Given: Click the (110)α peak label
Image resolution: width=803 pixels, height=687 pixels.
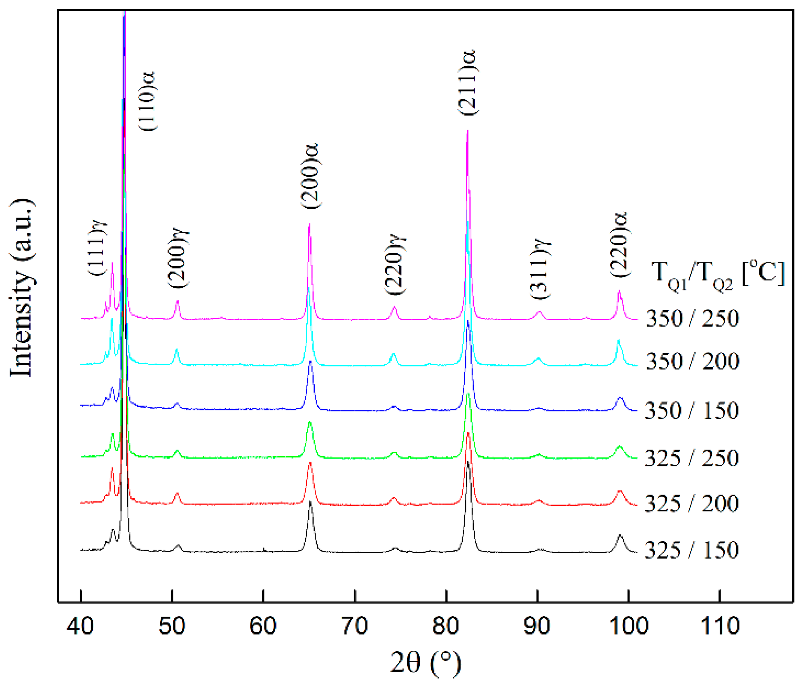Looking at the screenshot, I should pyautogui.click(x=147, y=101).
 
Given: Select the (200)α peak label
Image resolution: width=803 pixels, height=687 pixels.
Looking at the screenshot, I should pyautogui.click(x=310, y=176).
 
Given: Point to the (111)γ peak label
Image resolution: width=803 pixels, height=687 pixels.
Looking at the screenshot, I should pyautogui.click(x=98, y=248).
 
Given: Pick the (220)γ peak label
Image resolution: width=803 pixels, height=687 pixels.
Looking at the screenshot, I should pyautogui.click(x=395, y=265).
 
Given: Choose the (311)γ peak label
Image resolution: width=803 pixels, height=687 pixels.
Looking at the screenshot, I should pyautogui.click(x=540, y=269).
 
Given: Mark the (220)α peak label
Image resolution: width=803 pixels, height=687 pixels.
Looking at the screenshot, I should pyautogui.click(x=619, y=244).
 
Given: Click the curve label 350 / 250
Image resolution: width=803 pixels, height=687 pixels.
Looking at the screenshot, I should pyautogui.click(x=693, y=319).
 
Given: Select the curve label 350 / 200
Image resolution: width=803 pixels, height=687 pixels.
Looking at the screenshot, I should pyautogui.click(x=693, y=361).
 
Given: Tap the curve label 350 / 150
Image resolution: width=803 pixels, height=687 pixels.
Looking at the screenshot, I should pyautogui.click(x=692, y=411).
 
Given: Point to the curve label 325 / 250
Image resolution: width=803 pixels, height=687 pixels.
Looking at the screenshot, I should pyautogui.click(x=692, y=458).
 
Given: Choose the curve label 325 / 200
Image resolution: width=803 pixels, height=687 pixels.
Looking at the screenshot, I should pyautogui.click(x=692, y=504).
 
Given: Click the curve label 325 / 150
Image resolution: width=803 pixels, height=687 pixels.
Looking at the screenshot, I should pyautogui.click(x=692, y=550).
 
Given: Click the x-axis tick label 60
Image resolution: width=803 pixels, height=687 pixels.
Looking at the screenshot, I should pyautogui.click(x=263, y=626).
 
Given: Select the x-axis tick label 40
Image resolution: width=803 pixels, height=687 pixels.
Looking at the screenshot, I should pyautogui.click(x=81, y=626).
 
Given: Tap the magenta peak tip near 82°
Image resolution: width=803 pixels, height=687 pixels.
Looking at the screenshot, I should pyautogui.click(x=467, y=131).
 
